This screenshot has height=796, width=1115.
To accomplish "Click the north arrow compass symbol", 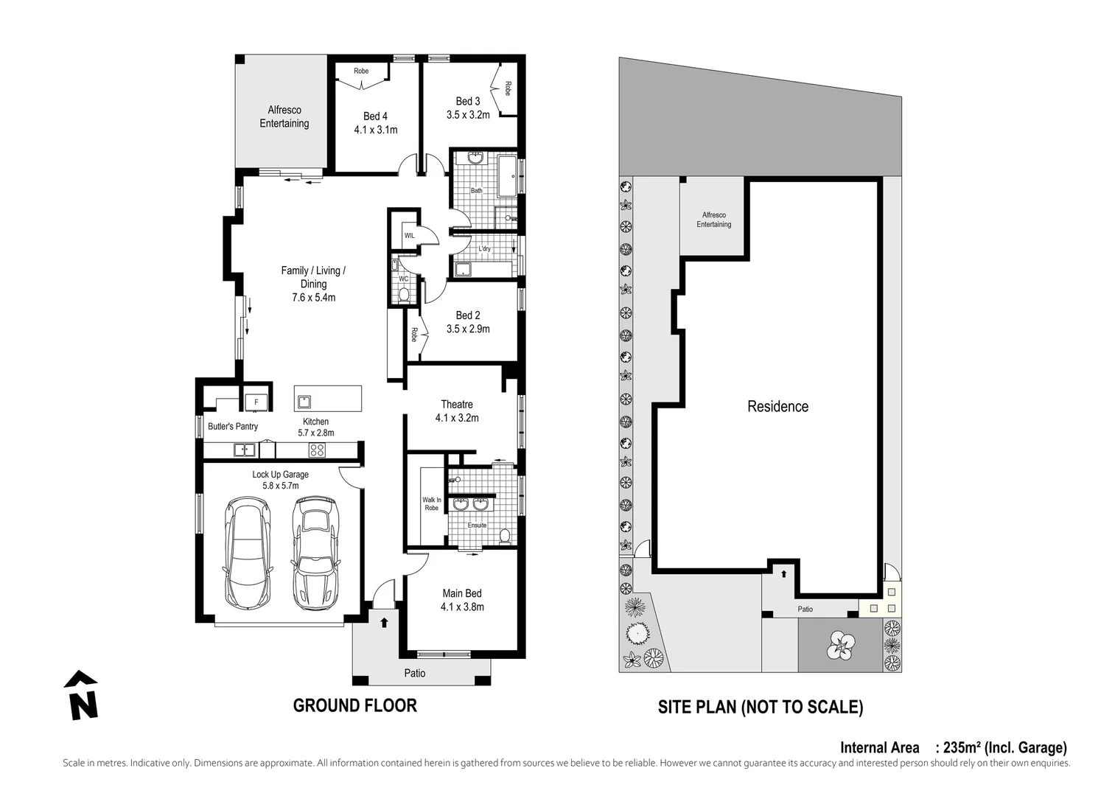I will point(82,695).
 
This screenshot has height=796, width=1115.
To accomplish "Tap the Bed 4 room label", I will point(375,116).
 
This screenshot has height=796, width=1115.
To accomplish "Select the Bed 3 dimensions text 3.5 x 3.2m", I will point(468,115).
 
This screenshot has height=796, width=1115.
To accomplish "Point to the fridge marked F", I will point(256,402).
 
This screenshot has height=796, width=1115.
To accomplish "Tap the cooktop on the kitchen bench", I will point(318,450).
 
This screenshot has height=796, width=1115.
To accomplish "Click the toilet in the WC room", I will point(403,296).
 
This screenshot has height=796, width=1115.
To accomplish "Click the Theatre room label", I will point(457,404).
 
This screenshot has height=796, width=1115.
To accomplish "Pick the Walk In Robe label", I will point(432,503).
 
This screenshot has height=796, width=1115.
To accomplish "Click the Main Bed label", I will point(462,593).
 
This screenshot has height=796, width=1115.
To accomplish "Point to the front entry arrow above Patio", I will point(383,623).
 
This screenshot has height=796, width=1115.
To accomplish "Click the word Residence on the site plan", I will point(777,406).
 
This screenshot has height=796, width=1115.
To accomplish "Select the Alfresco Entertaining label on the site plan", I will point(713,220).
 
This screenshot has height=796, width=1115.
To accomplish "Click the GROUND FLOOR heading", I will point(354,705).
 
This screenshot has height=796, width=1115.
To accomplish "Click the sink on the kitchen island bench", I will point(304,402).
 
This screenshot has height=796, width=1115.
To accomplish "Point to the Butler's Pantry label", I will point(233,426).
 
